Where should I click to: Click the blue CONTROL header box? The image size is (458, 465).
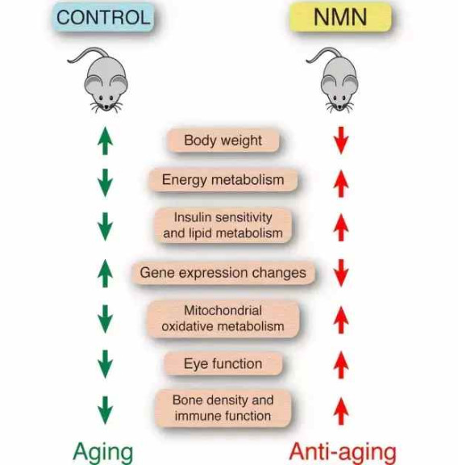click(103, 17)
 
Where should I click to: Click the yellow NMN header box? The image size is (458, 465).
click(340, 17)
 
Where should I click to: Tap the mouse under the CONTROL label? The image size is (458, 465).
click(100, 79)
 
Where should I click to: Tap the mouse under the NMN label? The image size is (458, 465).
click(335, 79)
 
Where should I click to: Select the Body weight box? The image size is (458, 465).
click(223, 140)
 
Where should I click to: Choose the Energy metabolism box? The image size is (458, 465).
click(223, 180)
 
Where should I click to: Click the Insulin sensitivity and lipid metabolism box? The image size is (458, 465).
click(223, 225)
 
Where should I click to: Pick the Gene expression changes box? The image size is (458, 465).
click(223, 273)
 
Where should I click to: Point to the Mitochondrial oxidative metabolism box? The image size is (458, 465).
click(223, 319)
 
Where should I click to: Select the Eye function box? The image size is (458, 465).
click(223, 363)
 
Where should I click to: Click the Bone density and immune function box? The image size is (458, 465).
click(223, 408)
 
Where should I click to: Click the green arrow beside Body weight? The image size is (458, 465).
click(105, 140)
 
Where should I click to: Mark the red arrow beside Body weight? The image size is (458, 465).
click(341, 140)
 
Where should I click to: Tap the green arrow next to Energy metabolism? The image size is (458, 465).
click(105, 183)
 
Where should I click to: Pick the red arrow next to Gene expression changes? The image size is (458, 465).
click(341, 273)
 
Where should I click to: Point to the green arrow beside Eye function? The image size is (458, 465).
click(105, 364)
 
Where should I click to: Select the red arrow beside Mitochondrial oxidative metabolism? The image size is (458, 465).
click(341, 320)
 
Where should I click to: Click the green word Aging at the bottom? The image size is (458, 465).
click(102, 453)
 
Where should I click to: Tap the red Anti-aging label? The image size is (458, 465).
click(343, 453)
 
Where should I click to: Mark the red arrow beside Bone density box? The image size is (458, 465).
click(341, 411)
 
